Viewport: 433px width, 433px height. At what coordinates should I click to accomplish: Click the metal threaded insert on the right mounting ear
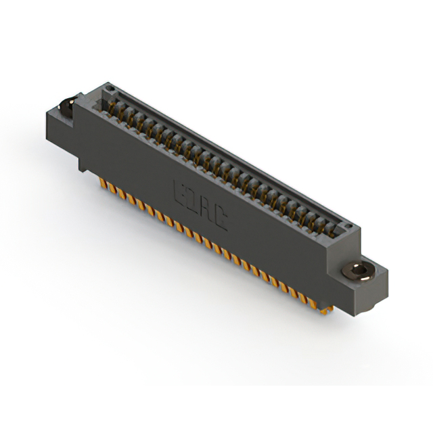[x=361, y=271]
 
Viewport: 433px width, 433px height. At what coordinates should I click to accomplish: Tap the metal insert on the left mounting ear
[x=66, y=106]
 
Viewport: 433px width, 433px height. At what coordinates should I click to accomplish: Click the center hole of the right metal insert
[x=362, y=271]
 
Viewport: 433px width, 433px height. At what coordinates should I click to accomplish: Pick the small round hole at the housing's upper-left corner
[x=106, y=90]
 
